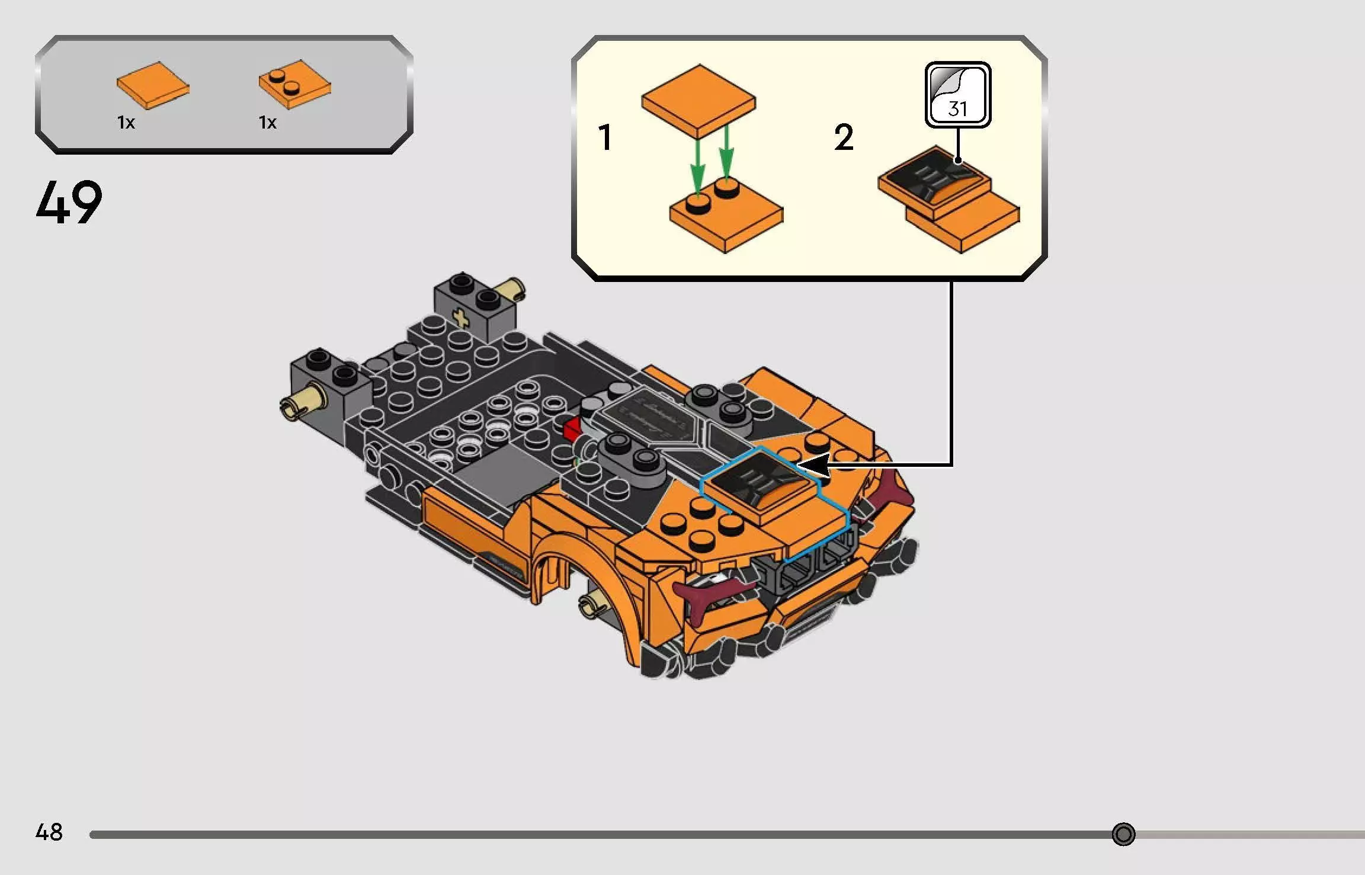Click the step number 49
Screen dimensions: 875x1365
[x=69, y=203]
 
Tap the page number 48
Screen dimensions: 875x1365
[x=49, y=832]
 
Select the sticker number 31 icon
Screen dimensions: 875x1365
[x=957, y=95]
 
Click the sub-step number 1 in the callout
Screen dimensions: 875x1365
[x=605, y=137]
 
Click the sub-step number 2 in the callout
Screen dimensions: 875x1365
[x=844, y=137]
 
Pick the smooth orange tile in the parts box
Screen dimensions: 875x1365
[x=153, y=85]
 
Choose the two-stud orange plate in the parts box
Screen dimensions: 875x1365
[x=294, y=84]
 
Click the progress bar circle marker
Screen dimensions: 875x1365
[x=1123, y=834]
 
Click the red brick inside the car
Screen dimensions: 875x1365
[x=572, y=428]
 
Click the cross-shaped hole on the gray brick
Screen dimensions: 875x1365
[x=460, y=319]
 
